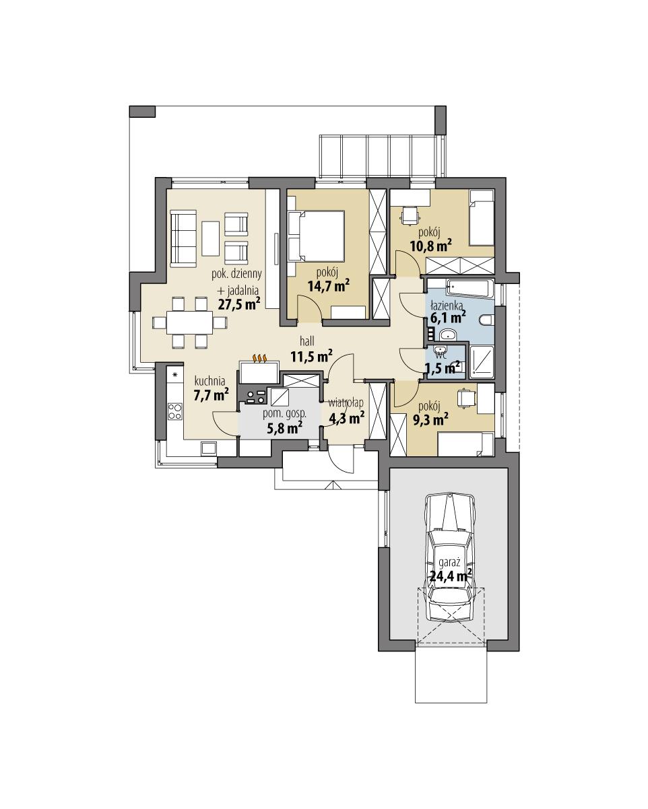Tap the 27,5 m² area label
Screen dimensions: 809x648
click(x=238, y=304)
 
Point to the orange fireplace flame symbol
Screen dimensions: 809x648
click(x=260, y=358)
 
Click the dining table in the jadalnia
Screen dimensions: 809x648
click(x=189, y=322)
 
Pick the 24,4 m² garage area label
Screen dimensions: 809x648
click(x=450, y=575)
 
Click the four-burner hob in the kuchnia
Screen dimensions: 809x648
click(x=175, y=410)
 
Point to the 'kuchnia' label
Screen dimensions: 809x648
click(x=210, y=380)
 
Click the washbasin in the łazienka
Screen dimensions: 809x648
click(x=447, y=335)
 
